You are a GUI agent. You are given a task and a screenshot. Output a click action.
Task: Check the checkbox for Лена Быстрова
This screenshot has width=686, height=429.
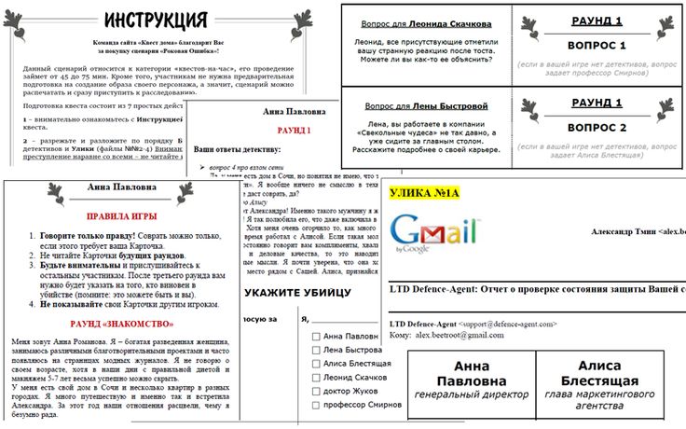[318, 350]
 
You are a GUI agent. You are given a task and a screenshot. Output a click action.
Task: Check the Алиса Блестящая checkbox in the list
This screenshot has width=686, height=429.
[318, 365]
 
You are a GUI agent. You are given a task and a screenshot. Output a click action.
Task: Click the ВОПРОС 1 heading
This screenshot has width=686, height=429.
[597, 45]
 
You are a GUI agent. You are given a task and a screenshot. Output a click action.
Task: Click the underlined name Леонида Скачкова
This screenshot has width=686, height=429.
[465, 21]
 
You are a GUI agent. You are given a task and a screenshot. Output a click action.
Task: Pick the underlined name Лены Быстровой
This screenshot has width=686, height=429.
[465, 106]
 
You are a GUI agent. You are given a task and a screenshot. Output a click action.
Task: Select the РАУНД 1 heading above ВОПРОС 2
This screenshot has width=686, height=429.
[597, 103]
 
